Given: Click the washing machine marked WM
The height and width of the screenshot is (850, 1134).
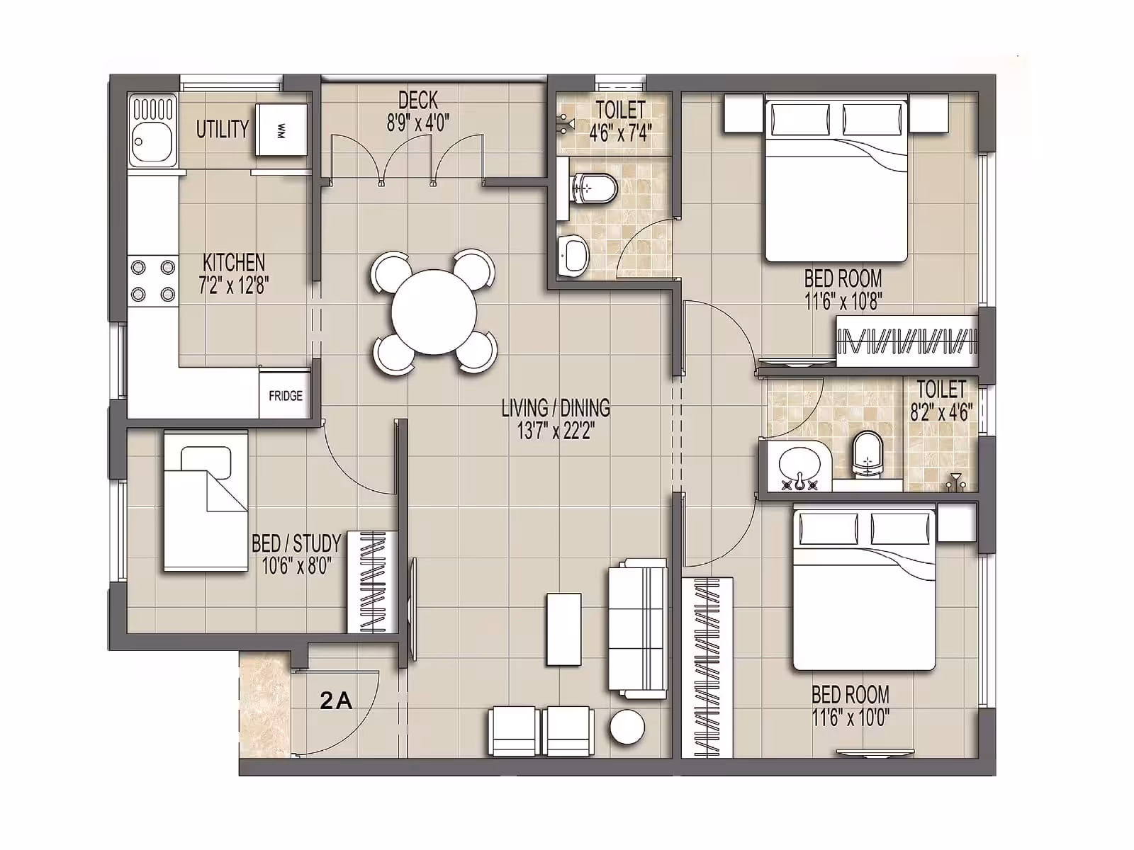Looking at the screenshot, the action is (281, 130).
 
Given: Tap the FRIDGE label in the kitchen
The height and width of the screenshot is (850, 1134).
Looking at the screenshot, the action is (286, 396).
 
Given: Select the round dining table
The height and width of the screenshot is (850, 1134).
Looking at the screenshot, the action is (434, 312).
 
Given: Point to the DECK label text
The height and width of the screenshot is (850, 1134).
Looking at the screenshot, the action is (418, 100).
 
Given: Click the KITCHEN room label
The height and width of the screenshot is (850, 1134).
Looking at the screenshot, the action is (233, 263).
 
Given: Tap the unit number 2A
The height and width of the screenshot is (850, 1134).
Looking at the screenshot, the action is (336, 701).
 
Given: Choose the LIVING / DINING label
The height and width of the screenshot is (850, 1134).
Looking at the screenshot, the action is (556, 408).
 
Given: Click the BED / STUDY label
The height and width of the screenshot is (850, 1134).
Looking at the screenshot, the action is (296, 544).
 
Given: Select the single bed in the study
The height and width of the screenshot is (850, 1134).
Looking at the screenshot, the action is (206, 501).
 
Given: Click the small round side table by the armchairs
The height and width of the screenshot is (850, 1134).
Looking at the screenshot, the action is (627, 727).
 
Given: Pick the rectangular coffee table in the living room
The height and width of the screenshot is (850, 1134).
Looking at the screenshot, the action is (563, 630).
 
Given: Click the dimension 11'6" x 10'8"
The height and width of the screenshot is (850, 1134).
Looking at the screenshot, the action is (843, 302).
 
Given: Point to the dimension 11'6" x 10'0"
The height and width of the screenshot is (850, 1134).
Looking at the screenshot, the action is (850, 718).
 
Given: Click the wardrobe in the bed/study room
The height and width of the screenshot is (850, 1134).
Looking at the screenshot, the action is (372, 581).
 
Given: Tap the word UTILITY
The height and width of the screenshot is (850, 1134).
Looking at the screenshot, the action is (222, 129).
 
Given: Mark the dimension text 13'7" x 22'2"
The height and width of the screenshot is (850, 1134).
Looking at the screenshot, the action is (556, 431).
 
